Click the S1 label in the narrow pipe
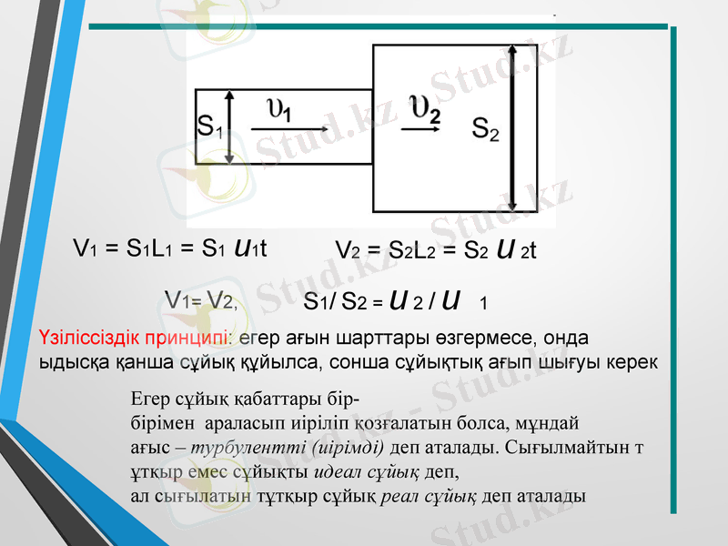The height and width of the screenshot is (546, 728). (x=209, y=126)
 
